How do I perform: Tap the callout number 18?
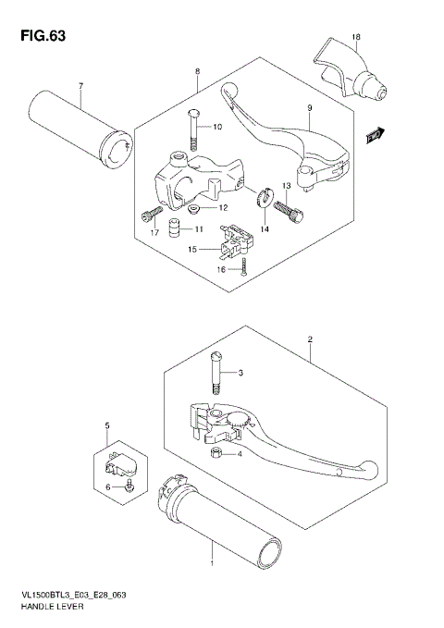click(x=355, y=36)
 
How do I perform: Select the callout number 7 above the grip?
click(x=80, y=87)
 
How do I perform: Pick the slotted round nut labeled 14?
click(x=263, y=196)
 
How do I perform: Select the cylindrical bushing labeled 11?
click(x=173, y=228)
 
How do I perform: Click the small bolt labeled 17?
click(x=149, y=216)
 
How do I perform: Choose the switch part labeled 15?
click(x=236, y=240)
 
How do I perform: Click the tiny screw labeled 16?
click(x=242, y=267)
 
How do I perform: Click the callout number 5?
click(x=108, y=425)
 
